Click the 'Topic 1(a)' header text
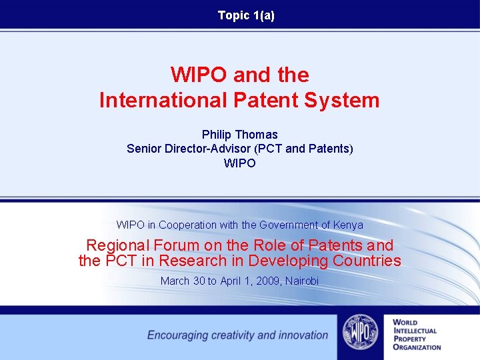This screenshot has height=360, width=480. [x=246, y=15]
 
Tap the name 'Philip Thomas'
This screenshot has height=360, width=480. [x=239, y=135]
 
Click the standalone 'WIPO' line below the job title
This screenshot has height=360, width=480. [x=239, y=163]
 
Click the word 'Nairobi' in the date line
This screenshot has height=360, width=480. [x=302, y=281]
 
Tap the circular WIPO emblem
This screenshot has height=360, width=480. [x=360, y=332]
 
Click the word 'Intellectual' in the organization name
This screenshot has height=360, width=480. [x=415, y=331]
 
